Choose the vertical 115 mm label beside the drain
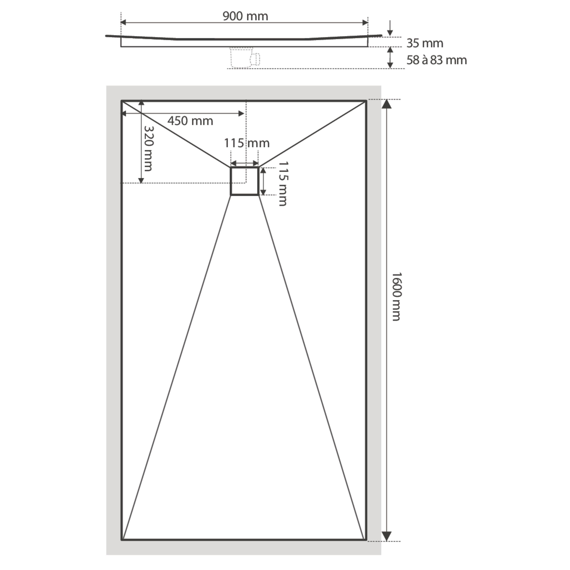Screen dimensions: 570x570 click(283, 184)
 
